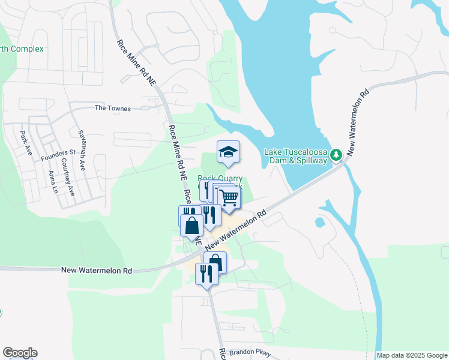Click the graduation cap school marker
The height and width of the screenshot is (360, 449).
[x=228, y=152]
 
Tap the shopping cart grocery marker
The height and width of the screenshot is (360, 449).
[x=229, y=197]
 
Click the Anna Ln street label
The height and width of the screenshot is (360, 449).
[x=53, y=181]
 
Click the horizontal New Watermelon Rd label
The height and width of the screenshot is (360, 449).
[x=97, y=271]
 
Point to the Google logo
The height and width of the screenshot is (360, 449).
[x=20, y=353]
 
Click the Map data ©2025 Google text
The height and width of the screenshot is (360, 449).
[x=412, y=355]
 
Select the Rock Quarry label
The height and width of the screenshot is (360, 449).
[x=220, y=178]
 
